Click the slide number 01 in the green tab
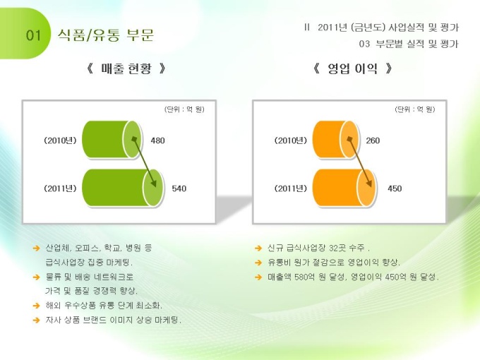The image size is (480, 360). click(x=33, y=35)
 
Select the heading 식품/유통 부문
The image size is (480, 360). click(x=106, y=35)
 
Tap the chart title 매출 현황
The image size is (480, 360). click(x=126, y=68)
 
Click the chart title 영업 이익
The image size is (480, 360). click(x=352, y=68)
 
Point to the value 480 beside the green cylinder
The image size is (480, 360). click(x=157, y=140)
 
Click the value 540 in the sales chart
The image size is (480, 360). click(x=179, y=188)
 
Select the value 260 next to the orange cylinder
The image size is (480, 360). click(x=373, y=140)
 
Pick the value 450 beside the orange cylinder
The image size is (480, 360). click(x=395, y=188)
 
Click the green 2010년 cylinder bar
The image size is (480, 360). click(x=112, y=140)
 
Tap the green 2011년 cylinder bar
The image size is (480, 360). click(x=122, y=188)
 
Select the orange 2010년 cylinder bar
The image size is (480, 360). click(x=335, y=140)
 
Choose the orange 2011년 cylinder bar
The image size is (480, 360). click(x=344, y=188)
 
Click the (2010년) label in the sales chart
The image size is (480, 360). click(x=60, y=140)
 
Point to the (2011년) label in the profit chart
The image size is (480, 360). click(x=291, y=188)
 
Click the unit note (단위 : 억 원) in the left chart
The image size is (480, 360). click(x=184, y=109)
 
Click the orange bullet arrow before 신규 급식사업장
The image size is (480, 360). click(x=258, y=248)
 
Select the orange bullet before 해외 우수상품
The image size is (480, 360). click(x=37, y=306)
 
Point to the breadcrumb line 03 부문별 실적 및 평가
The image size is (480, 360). click(x=409, y=44)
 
